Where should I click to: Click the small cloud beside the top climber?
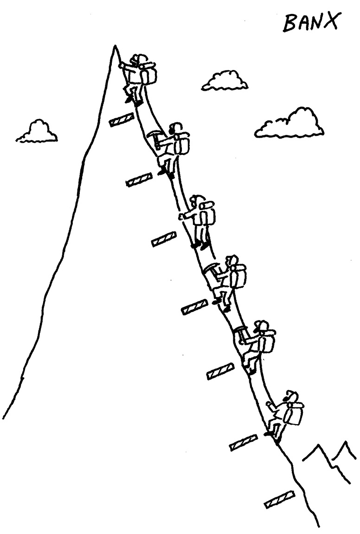225,81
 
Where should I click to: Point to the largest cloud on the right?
290,123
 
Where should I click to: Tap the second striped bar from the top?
139,179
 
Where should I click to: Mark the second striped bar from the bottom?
244,443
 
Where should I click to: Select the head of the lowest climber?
290,397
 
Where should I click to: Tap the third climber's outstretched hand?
182,216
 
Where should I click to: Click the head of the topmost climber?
138,59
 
